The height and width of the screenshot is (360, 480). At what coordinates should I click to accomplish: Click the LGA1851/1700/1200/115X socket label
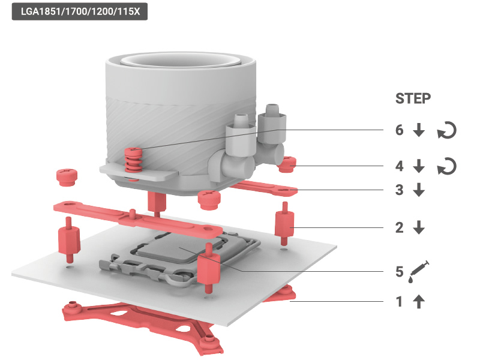pyautogui.click(x=80, y=11)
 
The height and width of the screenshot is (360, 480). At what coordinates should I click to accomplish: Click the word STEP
pyautogui.click(x=413, y=98)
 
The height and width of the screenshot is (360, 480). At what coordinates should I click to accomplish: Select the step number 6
pyautogui.click(x=399, y=130)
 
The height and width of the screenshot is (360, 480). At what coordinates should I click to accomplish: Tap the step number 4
pyautogui.click(x=399, y=166)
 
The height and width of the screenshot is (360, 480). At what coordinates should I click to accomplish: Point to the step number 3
pyautogui.click(x=399, y=190)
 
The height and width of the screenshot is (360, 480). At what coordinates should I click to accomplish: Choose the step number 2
pyautogui.click(x=399, y=228)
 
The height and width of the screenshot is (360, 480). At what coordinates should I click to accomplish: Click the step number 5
pyautogui.click(x=399, y=272)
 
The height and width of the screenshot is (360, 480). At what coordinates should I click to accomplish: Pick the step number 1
pyautogui.click(x=399, y=302)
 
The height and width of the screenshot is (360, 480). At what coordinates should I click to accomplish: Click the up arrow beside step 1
pyautogui.click(x=419, y=302)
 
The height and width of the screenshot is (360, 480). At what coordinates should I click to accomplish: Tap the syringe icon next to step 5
pyautogui.click(x=419, y=272)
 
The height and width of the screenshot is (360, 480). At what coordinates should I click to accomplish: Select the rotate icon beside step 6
pyautogui.click(x=446, y=130)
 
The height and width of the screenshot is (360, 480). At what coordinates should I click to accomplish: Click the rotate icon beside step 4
pyautogui.click(x=446, y=166)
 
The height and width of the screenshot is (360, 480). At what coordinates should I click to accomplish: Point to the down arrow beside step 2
pyautogui.click(x=419, y=228)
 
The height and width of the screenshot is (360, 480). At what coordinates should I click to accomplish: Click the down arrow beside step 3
pyautogui.click(x=419, y=190)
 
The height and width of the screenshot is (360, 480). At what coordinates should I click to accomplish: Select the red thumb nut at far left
pyautogui.click(x=67, y=178)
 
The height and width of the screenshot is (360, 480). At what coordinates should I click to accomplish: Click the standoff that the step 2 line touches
pyautogui.click(x=284, y=223)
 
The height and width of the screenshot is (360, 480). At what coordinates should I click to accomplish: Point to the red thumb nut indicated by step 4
pyautogui.click(x=287, y=164)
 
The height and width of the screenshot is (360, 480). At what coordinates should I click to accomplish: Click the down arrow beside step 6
pyautogui.click(x=419, y=130)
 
